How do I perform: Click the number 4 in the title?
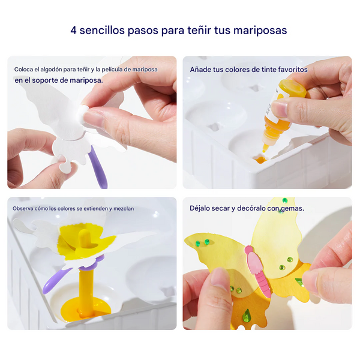coord(74,30)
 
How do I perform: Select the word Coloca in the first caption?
coord(24,70)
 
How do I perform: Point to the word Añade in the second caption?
coord(201,70)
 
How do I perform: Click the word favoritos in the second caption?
coord(289,70)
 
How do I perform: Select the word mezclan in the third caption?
coord(124,209)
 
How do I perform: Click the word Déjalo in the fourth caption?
coord(201,209)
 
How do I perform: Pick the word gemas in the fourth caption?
coord(290,209)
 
